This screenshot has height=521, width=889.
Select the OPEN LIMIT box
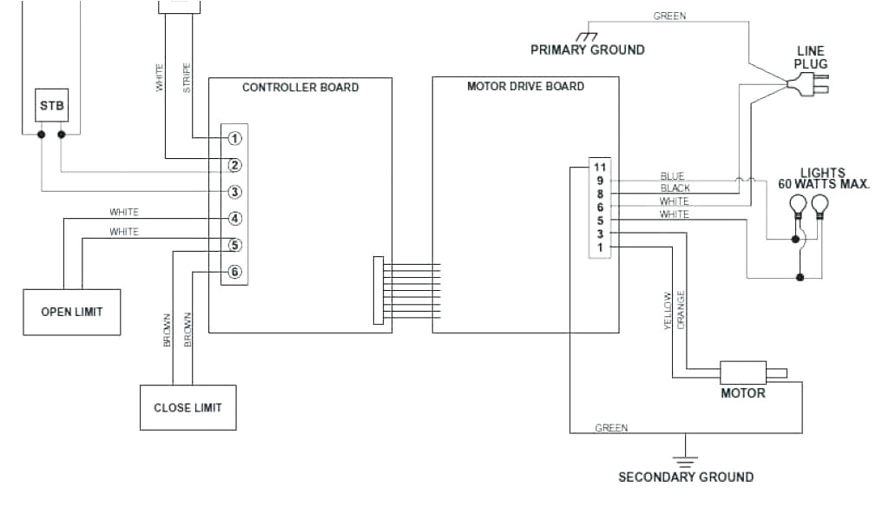[x=71, y=311]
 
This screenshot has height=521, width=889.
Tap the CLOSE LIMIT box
[x=188, y=406]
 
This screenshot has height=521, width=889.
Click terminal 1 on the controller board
[x=235, y=138]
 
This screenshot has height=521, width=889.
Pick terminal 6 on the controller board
[x=235, y=272]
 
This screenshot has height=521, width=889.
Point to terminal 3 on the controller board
[x=235, y=192]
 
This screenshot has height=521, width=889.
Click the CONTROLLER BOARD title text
[x=300, y=88]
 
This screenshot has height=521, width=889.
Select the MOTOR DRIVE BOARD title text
[x=525, y=87]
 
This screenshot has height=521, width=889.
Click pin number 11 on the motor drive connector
[x=599, y=167]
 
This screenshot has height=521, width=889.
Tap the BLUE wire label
[x=672, y=176]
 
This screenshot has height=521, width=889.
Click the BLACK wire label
[x=675, y=188]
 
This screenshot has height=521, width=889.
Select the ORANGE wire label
[x=682, y=310]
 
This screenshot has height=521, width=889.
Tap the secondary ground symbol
[x=686, y=459]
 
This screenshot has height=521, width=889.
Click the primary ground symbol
[x=588, y=36]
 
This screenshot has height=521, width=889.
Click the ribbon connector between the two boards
[x=379, y=290]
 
